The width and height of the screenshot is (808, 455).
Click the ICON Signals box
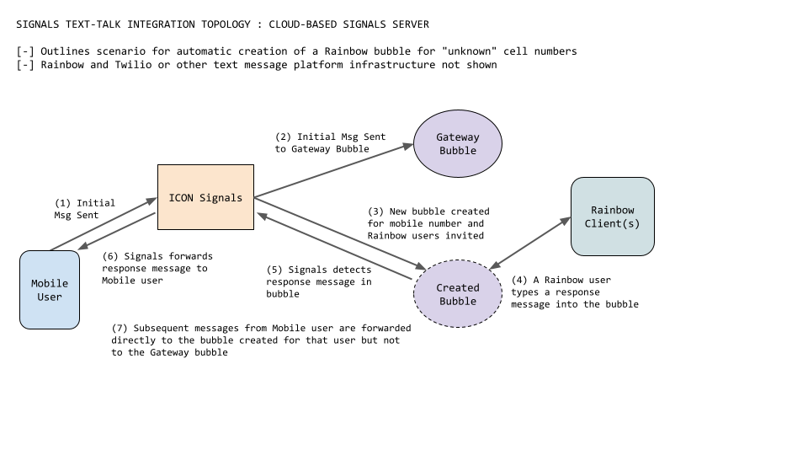205,197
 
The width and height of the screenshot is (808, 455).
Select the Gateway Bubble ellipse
457,143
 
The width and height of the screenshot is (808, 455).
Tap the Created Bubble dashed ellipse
457,294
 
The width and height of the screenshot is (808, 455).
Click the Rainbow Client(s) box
612,217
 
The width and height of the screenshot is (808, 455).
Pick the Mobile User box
50,289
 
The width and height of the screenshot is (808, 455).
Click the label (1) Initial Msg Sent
84,209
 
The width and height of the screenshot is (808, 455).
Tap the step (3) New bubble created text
428,223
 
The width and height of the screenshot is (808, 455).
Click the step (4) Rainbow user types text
574,292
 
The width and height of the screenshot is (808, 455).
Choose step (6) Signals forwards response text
157,268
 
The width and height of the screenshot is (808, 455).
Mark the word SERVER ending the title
408,24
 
